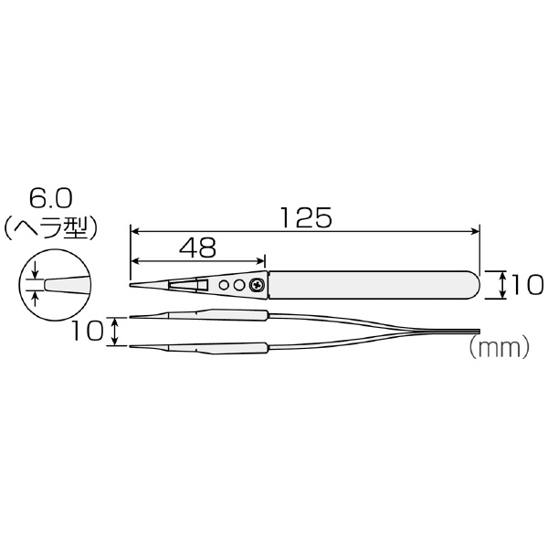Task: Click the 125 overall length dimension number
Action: click(x=306, y=217)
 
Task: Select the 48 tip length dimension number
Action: click(x=198, y=248)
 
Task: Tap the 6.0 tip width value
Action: click(x=50, y=199)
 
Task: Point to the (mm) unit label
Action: click(x=499, y=347)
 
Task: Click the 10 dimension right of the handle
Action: click(x=527, y=284)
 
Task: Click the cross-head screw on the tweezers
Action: click(x=257, y=285)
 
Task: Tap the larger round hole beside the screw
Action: click(x=239, y=285)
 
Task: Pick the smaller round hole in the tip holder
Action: click(x=224, y=285)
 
